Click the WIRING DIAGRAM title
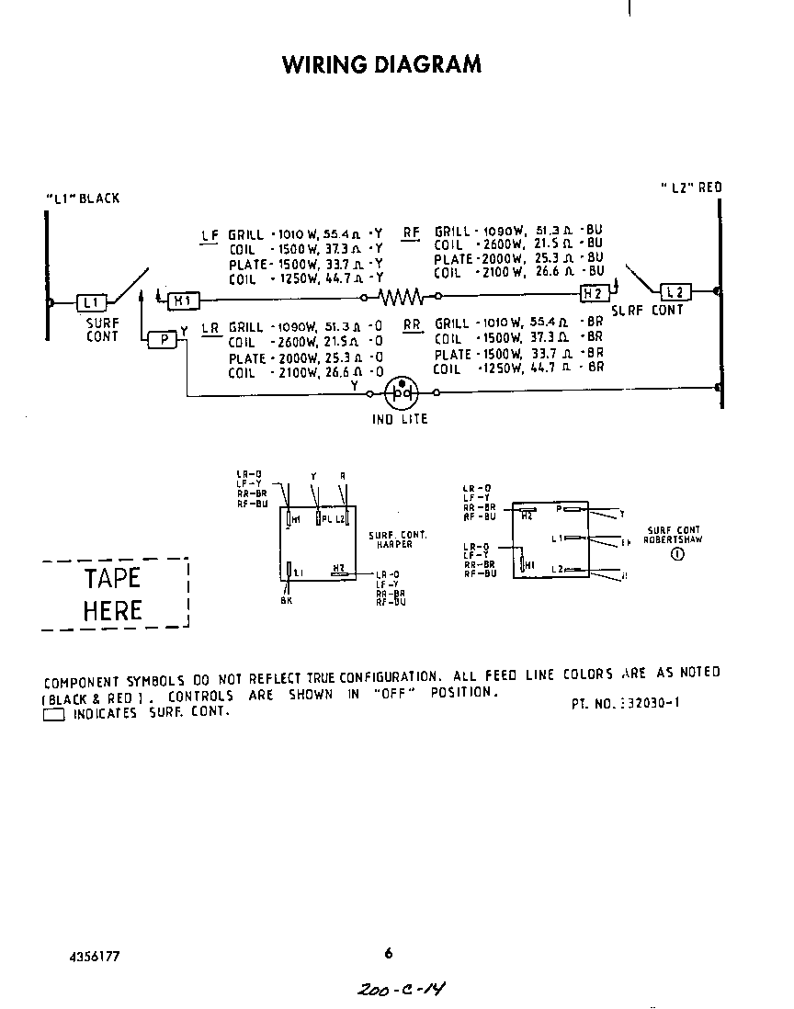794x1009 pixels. pos(381,64)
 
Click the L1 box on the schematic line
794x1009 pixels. pos(92,301)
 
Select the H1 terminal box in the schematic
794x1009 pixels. pos(182,300)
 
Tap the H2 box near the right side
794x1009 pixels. pos(593,292)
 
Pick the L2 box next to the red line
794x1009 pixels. pos(675,292)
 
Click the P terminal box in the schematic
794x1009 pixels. pos(163,339)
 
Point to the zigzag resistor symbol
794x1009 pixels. pos(402,297)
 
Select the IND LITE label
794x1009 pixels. pos(400,419)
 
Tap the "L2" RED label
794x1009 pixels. pos(691,187)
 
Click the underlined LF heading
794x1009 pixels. pos(210,235)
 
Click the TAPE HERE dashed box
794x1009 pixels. pos(114,594)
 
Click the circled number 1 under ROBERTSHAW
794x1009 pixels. pos(677,553)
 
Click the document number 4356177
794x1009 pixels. pos(94,956)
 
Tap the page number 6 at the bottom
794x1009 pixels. pos(388,953)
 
